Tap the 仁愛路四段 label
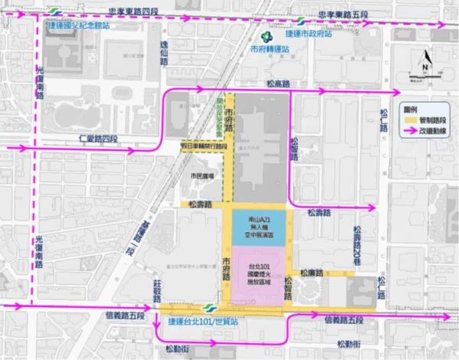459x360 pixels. click(x=99, y=139)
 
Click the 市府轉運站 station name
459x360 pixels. click(x=269, y=49)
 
